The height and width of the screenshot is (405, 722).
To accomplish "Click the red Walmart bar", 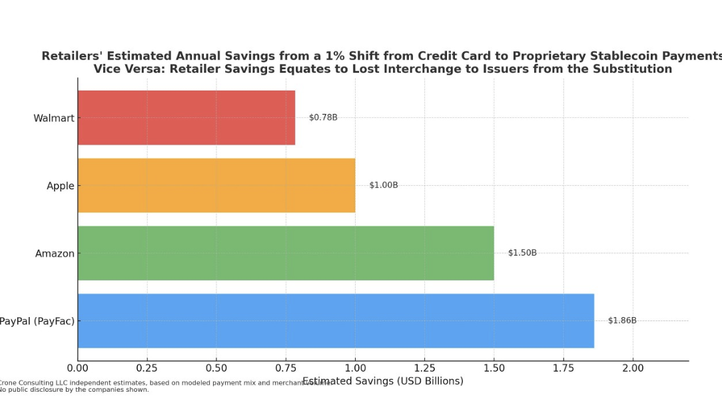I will pos(186,118).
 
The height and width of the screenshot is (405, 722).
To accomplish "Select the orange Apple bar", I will pos(216,185).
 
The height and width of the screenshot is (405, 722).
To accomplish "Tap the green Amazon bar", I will pos(286,253).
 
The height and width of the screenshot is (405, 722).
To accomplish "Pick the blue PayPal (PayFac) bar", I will pos(336,320).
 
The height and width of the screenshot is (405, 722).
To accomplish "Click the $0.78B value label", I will pos(323,117).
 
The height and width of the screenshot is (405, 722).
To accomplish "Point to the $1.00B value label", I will pos(384,185).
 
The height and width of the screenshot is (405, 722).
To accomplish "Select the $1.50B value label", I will pos(522,253).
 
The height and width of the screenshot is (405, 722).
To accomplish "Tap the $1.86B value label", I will pos(622,320).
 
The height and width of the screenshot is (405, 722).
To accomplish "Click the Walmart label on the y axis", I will pos(54,119).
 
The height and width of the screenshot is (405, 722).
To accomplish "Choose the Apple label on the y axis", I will pos(61,186).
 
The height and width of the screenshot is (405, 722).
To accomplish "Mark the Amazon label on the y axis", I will pos(55,254).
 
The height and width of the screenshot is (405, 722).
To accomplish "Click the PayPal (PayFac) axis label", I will pos(37,321).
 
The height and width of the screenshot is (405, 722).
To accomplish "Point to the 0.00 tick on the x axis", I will pos(78,368).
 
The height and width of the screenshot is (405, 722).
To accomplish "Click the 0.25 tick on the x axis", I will pos(147,368).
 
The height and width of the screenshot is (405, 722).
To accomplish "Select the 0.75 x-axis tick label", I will pos(286,368).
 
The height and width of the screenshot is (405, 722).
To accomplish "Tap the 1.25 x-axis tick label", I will pos(424,368).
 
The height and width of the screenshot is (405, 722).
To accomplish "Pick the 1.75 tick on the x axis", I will pos(563,368).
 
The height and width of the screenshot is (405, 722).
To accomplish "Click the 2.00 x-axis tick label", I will pos(633,368).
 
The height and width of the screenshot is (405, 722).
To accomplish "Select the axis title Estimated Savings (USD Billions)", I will pos(383,381).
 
